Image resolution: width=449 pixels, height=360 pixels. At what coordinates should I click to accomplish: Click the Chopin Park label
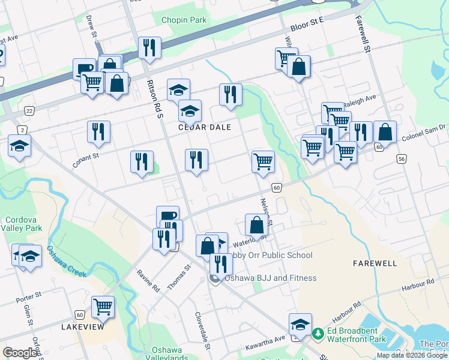[x=184, y=20]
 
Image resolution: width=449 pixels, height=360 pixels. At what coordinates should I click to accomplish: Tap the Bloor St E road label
[x=307, y=25]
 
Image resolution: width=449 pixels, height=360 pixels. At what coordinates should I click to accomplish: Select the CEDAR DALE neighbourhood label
[x=204, y=127]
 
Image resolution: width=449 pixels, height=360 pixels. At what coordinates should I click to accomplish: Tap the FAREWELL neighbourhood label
[x=375, y=263]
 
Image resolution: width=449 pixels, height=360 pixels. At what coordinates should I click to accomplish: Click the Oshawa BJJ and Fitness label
[x=270, y=278]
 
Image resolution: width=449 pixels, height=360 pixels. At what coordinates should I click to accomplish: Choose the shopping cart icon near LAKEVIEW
[x=103, y=307]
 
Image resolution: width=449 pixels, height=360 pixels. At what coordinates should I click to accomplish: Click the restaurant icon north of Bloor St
[x=149, y=48]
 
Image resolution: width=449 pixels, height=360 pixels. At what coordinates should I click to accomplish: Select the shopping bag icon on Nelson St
[x=257, y=225]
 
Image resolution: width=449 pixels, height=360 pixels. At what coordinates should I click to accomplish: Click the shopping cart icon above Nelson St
[x=263, y=161]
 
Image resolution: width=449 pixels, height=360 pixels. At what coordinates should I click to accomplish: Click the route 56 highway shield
[x=401, y=158]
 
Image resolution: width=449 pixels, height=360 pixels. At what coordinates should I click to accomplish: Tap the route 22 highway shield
[x=29, y=111]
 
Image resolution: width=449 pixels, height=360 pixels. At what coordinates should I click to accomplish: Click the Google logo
[x=20, y=353]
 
